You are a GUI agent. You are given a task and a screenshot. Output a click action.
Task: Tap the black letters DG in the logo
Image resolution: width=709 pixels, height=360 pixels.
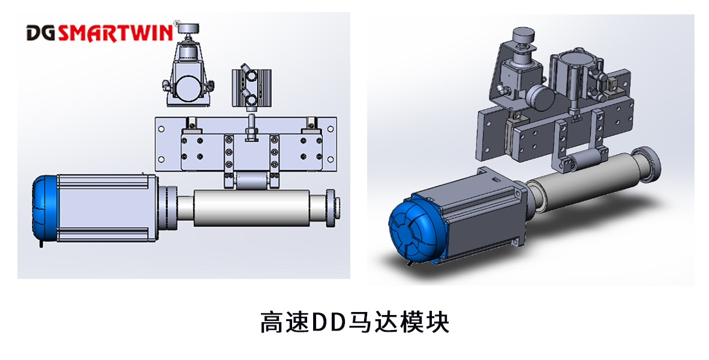click(41, 32)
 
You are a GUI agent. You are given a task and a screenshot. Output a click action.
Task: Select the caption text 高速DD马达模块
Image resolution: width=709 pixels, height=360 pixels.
click(354, 322)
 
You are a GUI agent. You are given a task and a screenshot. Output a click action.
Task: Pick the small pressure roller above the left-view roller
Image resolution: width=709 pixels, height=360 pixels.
click(248, 180)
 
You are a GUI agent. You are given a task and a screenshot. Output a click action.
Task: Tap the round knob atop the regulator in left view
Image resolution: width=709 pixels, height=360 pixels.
click(191, 28)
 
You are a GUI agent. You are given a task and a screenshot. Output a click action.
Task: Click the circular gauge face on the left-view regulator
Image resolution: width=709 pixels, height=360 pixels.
click(191, 88)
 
